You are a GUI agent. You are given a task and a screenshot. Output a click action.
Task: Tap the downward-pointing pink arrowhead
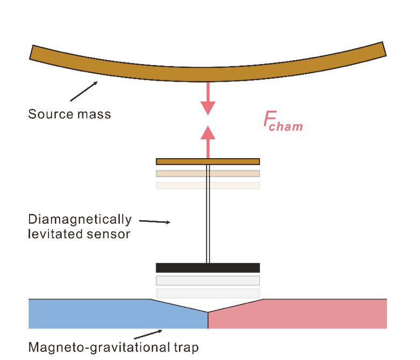tap(208, 108)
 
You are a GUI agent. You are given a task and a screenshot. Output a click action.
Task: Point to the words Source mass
tap(69, 114)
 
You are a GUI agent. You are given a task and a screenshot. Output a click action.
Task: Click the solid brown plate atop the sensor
tap(208, 161)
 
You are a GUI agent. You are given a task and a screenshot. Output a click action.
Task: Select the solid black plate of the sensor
tap(208, 267)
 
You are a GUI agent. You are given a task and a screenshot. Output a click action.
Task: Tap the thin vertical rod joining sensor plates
tap(208, 215)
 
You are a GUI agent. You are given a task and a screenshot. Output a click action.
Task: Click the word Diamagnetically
tap(80, 220)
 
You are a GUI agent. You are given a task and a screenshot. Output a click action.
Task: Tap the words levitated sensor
tap(79, 234)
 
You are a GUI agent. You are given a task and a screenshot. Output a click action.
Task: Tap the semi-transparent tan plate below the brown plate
tap(208, 174)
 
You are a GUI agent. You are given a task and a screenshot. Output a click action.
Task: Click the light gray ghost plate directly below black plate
tap(208, 280)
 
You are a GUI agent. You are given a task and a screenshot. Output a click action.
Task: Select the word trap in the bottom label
tap(187, 347)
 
